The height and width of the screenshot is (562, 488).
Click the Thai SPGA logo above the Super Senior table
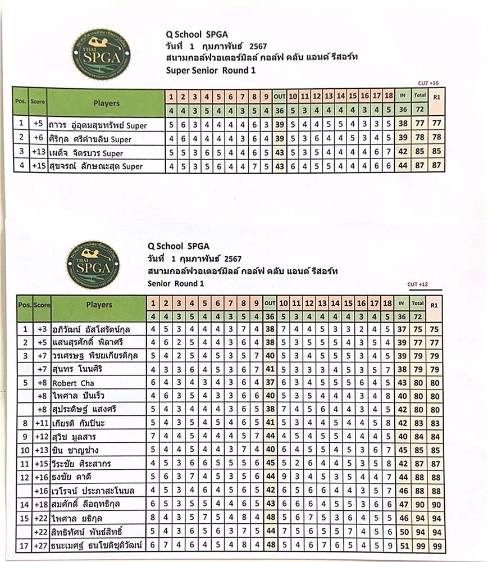coord(101,53)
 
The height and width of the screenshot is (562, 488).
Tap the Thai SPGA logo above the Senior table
coord(93,265)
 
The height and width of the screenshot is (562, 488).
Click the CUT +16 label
coord(427,83)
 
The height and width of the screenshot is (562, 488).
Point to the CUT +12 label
coord(417,284)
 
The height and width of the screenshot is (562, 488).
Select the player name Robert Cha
coord(74,383)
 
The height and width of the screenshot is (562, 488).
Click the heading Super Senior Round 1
coord(211,70)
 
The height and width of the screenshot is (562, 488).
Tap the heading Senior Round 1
coord(175,283)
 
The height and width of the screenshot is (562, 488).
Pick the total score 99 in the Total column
coord(417,545)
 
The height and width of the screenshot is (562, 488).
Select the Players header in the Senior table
coord(99,305)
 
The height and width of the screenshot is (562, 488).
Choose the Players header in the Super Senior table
coord(106,103)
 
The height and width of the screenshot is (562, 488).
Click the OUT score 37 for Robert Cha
coord(270,383)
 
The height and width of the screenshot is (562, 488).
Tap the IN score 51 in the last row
coord(402,545)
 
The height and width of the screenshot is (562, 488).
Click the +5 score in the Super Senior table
coord(37,124)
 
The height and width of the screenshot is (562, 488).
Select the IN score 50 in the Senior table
coord(402,532)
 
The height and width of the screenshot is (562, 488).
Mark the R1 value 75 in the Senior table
coord(434,329)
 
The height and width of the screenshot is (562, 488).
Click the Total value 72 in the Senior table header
coord(417,316)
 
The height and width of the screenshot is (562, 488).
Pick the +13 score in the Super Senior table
coord(37,152)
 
